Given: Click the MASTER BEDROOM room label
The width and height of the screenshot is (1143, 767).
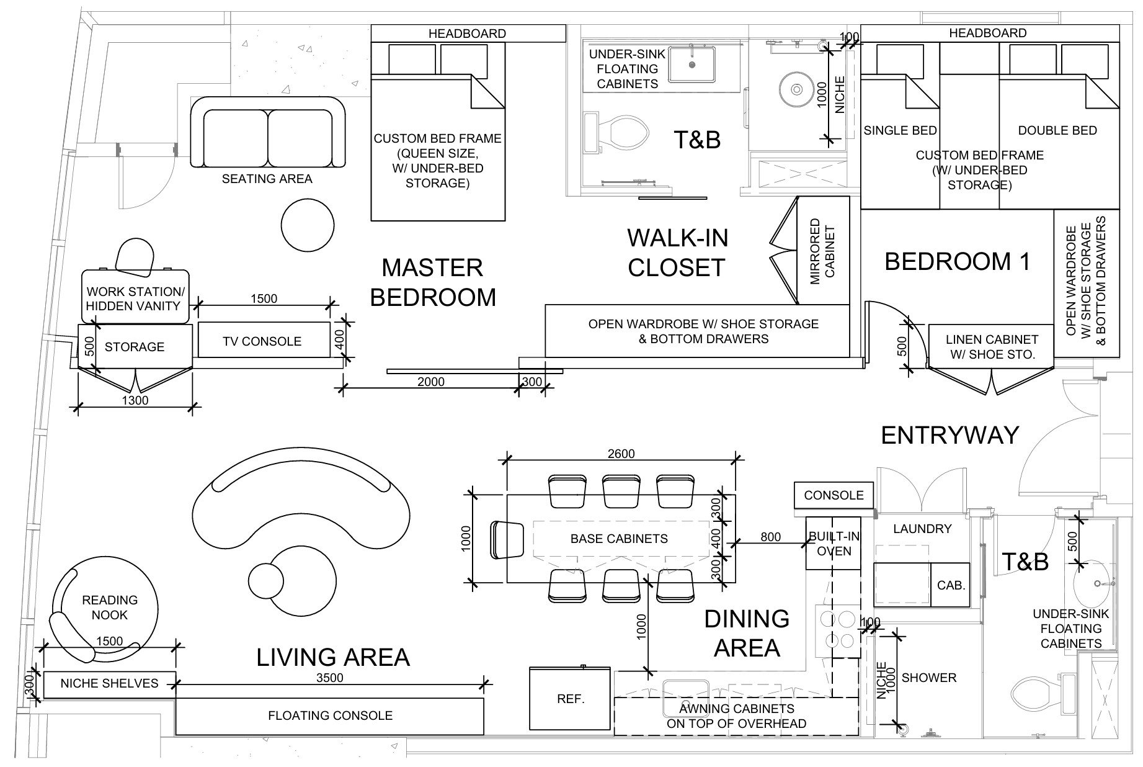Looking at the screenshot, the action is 433,282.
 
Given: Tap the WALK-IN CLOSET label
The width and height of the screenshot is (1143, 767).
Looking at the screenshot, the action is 676,253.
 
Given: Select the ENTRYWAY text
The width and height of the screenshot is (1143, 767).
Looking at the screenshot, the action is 950,436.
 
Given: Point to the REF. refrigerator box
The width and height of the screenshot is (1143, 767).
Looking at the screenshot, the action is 571,699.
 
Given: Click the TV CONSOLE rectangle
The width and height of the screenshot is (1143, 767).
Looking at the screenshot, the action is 263,341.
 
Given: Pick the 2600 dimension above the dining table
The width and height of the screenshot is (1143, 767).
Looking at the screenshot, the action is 621,454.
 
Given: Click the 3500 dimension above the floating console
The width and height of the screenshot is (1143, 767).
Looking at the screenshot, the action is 329,678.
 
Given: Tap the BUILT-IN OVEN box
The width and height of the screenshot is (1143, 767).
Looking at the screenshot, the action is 834,544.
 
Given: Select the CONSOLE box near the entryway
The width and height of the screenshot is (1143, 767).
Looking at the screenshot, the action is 834,495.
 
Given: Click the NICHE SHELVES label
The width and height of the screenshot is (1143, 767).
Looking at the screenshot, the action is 109,684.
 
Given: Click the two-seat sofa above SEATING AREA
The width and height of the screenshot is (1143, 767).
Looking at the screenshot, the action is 267,133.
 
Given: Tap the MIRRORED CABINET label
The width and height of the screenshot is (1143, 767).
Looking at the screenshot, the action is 823,251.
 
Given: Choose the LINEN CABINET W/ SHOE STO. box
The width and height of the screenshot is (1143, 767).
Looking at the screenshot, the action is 991,347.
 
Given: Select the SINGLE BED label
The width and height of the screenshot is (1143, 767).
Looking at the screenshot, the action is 899,131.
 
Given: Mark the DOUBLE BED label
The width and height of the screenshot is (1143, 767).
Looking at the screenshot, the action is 1057,131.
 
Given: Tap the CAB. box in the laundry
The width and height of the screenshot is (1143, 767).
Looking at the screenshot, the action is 950,585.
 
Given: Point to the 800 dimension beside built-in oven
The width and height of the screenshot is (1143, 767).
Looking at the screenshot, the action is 770,537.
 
